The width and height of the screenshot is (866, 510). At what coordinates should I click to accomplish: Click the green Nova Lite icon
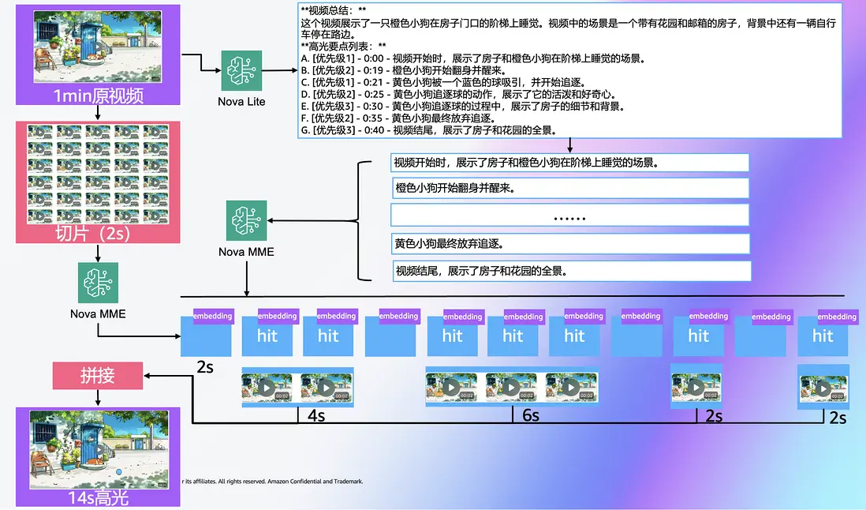pyautogui.click(x=241, y=70)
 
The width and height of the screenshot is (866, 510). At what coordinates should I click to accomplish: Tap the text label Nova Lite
pyautogui.click(x=241, y=101)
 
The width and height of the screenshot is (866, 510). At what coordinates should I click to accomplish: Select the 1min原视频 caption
pyautogui.click(x=98, y=96)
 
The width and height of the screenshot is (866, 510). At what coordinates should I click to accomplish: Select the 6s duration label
pyautogui.click(x=529, y=414)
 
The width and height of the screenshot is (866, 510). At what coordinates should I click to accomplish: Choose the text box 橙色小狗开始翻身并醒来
pyautogui.click(x=569, y=189)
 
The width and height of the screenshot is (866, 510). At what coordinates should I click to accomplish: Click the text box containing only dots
pyautogui.click(x=569, y=216)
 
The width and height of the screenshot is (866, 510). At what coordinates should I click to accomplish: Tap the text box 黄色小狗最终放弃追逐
pyautogui.click(x=569, y=243)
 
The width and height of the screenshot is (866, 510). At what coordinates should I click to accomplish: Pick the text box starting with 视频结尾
pyautogui.click(x=569, y=271)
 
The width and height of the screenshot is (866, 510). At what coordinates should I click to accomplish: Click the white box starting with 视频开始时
pyautogui.click(x=569, y=163)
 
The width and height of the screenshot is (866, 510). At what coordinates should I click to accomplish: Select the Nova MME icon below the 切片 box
pyautogui.click(x=98, y=283)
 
